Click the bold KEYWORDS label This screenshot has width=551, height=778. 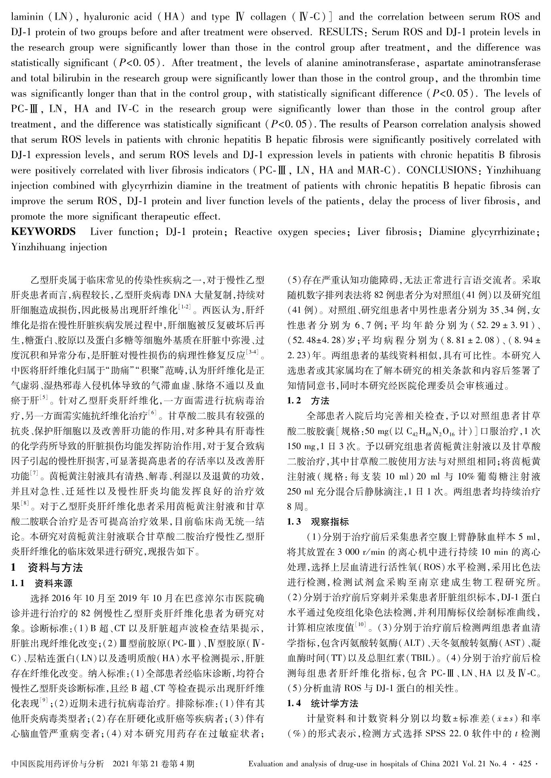point(43,232)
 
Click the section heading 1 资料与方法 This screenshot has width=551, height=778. point(47,568)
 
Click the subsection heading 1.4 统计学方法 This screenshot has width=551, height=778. point(323,703)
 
